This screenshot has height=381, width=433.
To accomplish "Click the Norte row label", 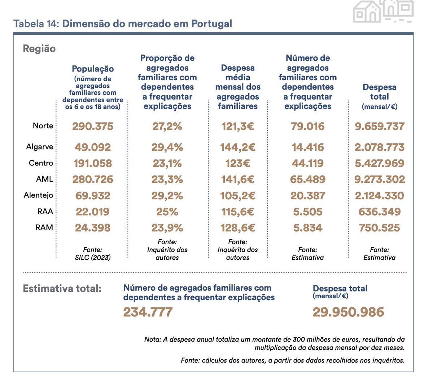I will [43, 126].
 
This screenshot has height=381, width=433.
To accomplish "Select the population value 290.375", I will [93, 126].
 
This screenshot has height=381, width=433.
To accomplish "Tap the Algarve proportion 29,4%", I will [167, 147].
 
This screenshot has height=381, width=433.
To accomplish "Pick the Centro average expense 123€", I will [237, 163].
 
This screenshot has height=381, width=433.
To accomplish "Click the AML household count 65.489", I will [308, 179].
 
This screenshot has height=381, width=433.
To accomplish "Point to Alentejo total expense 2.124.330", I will [380, 196].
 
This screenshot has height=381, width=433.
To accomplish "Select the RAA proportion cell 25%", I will [167, 212].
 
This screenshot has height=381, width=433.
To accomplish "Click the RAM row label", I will [44, 228].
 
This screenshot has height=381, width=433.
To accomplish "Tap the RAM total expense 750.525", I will [380, 228].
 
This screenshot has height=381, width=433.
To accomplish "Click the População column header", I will [93, 69].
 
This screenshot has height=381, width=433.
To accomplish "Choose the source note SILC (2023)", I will [93, 257].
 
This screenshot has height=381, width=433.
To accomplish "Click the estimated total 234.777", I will [148, 312].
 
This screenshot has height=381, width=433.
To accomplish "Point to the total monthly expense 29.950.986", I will [348, 312].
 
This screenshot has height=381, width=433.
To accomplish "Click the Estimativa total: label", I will [62, 289].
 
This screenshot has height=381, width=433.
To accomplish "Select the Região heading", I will [39, 49].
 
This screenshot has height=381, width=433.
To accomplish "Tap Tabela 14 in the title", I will [36, 24].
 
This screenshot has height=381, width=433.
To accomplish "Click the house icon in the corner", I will [383, 11].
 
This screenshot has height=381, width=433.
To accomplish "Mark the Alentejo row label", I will [38, 195].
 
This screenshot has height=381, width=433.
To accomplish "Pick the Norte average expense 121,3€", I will [237, 126].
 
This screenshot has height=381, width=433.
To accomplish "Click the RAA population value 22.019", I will [93, 212].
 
